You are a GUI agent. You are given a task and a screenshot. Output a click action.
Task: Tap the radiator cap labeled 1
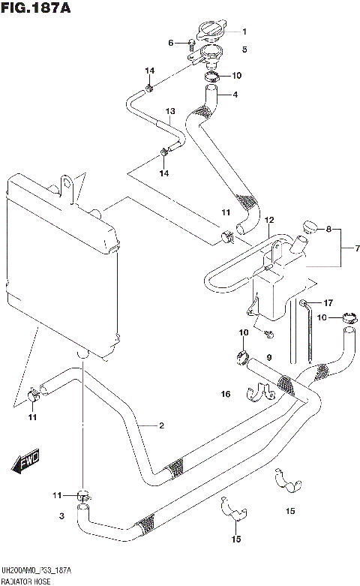click(x=211, y=32)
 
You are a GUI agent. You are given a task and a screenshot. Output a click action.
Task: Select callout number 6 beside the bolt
click(x=171, y=42)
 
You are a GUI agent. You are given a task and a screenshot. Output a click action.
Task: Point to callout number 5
click(x=244, y=50)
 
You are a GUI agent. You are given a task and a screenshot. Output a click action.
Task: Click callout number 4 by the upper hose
click(x=235, y=95)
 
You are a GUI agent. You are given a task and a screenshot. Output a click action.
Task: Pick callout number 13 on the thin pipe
click(x=170, y=111)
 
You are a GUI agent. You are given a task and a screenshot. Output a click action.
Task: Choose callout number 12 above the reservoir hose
click(x=269, y=220)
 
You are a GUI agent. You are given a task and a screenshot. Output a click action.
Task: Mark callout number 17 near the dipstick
click(x=328, y=302)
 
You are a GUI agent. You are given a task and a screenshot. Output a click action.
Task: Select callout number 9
click(x=268, y=357)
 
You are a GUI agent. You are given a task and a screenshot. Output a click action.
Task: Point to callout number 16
click(x=225, y=394)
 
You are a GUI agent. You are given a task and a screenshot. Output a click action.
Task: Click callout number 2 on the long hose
click(x=160, y=426)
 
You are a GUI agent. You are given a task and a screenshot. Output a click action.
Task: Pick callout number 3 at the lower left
click(x=62, y=516)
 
